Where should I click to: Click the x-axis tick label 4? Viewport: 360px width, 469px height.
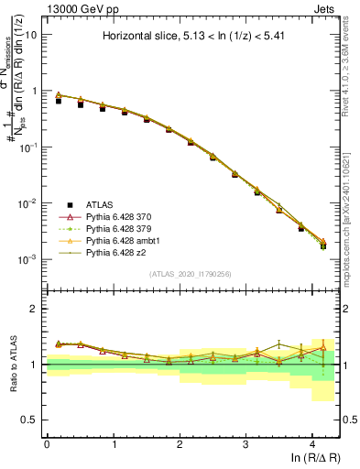tap(312, 442)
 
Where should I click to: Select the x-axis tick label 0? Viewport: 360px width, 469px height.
tap(47, 442)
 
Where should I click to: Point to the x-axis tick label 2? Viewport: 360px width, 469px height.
tap(180, 442)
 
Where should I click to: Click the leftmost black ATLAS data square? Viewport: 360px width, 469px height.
tap(59, 101)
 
